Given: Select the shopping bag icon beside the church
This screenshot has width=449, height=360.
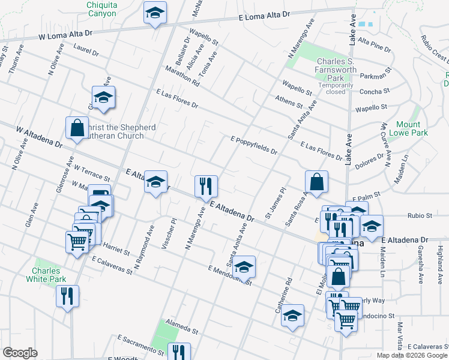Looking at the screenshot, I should pyautogui.click(x=77, y=128).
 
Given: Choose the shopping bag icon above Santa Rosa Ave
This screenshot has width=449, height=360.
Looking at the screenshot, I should pyautogui.click(x=316, y=181).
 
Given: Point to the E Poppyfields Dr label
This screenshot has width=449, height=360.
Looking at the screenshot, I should pyautogui.click(x=254, y=145).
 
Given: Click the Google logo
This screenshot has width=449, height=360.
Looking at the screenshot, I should pyautogui.click(x=20, y=353).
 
